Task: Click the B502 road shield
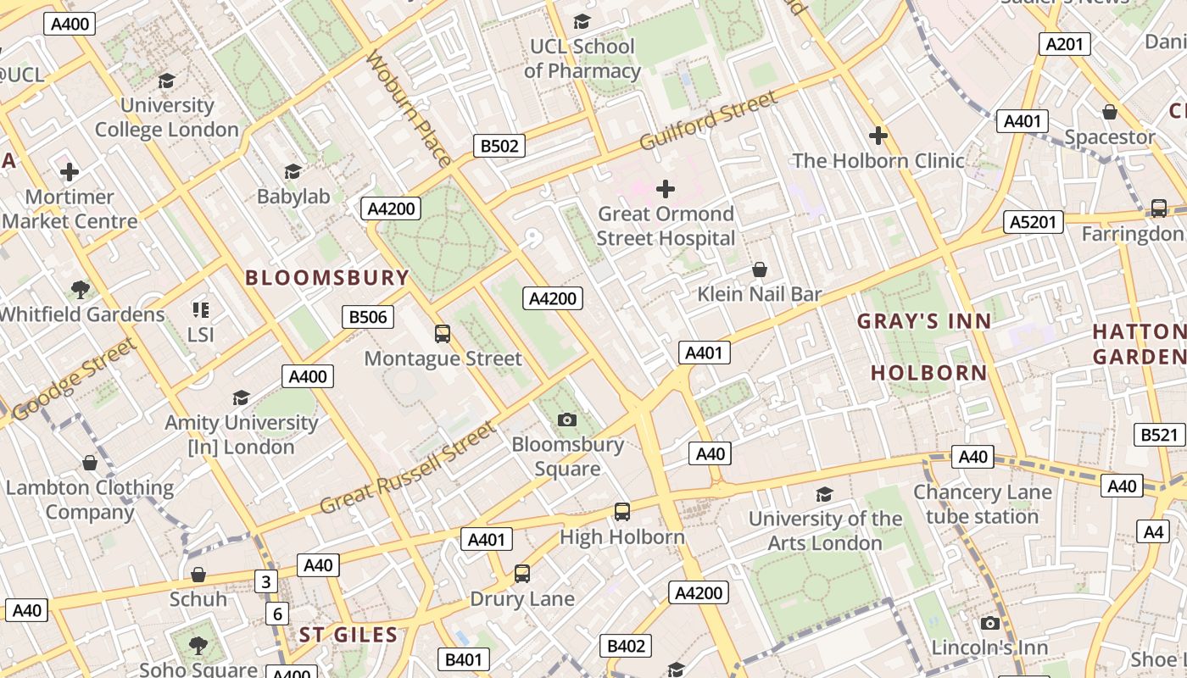point(499,146)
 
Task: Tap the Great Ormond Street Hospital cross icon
point(666,188)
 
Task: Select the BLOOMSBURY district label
point(327,277)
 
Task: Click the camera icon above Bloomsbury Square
point(567,420)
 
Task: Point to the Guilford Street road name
point(708,121)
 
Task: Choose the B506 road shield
point(368,317)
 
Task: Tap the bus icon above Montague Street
point(443,334)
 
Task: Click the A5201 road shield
point(1034,222)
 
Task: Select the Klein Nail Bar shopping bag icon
point(760,270)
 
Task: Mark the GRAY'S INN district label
point(923,321)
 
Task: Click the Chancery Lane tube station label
point(982,504)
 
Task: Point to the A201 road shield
point(1064,44)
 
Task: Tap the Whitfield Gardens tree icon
point(81,290)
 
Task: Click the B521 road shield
point(1159,435)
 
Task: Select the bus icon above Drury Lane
point(522,574)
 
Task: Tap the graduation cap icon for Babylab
point(293,172)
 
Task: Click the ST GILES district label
point(348,635)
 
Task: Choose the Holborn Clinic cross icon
point(878,136)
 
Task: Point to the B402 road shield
point(626,646)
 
